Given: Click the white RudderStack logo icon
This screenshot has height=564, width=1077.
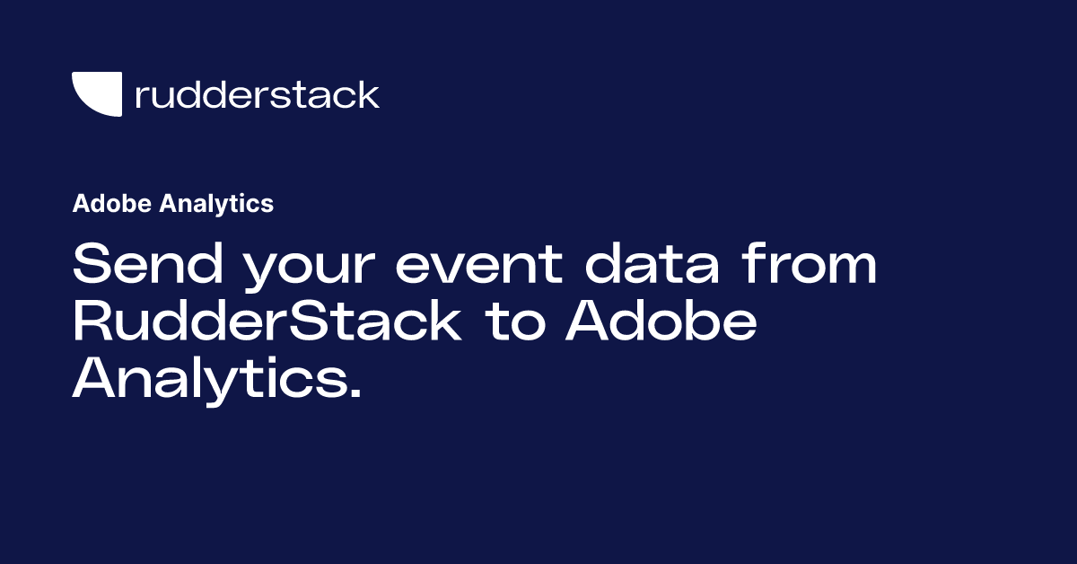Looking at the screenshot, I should (96, 93).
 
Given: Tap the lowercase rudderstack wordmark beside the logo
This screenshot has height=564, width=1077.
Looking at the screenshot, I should (257, 94).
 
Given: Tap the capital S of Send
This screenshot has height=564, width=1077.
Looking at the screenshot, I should (91, 266).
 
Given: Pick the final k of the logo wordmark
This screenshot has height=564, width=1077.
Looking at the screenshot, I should (370, 94).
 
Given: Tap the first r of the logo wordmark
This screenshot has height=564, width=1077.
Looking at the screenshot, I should (140, 97).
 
